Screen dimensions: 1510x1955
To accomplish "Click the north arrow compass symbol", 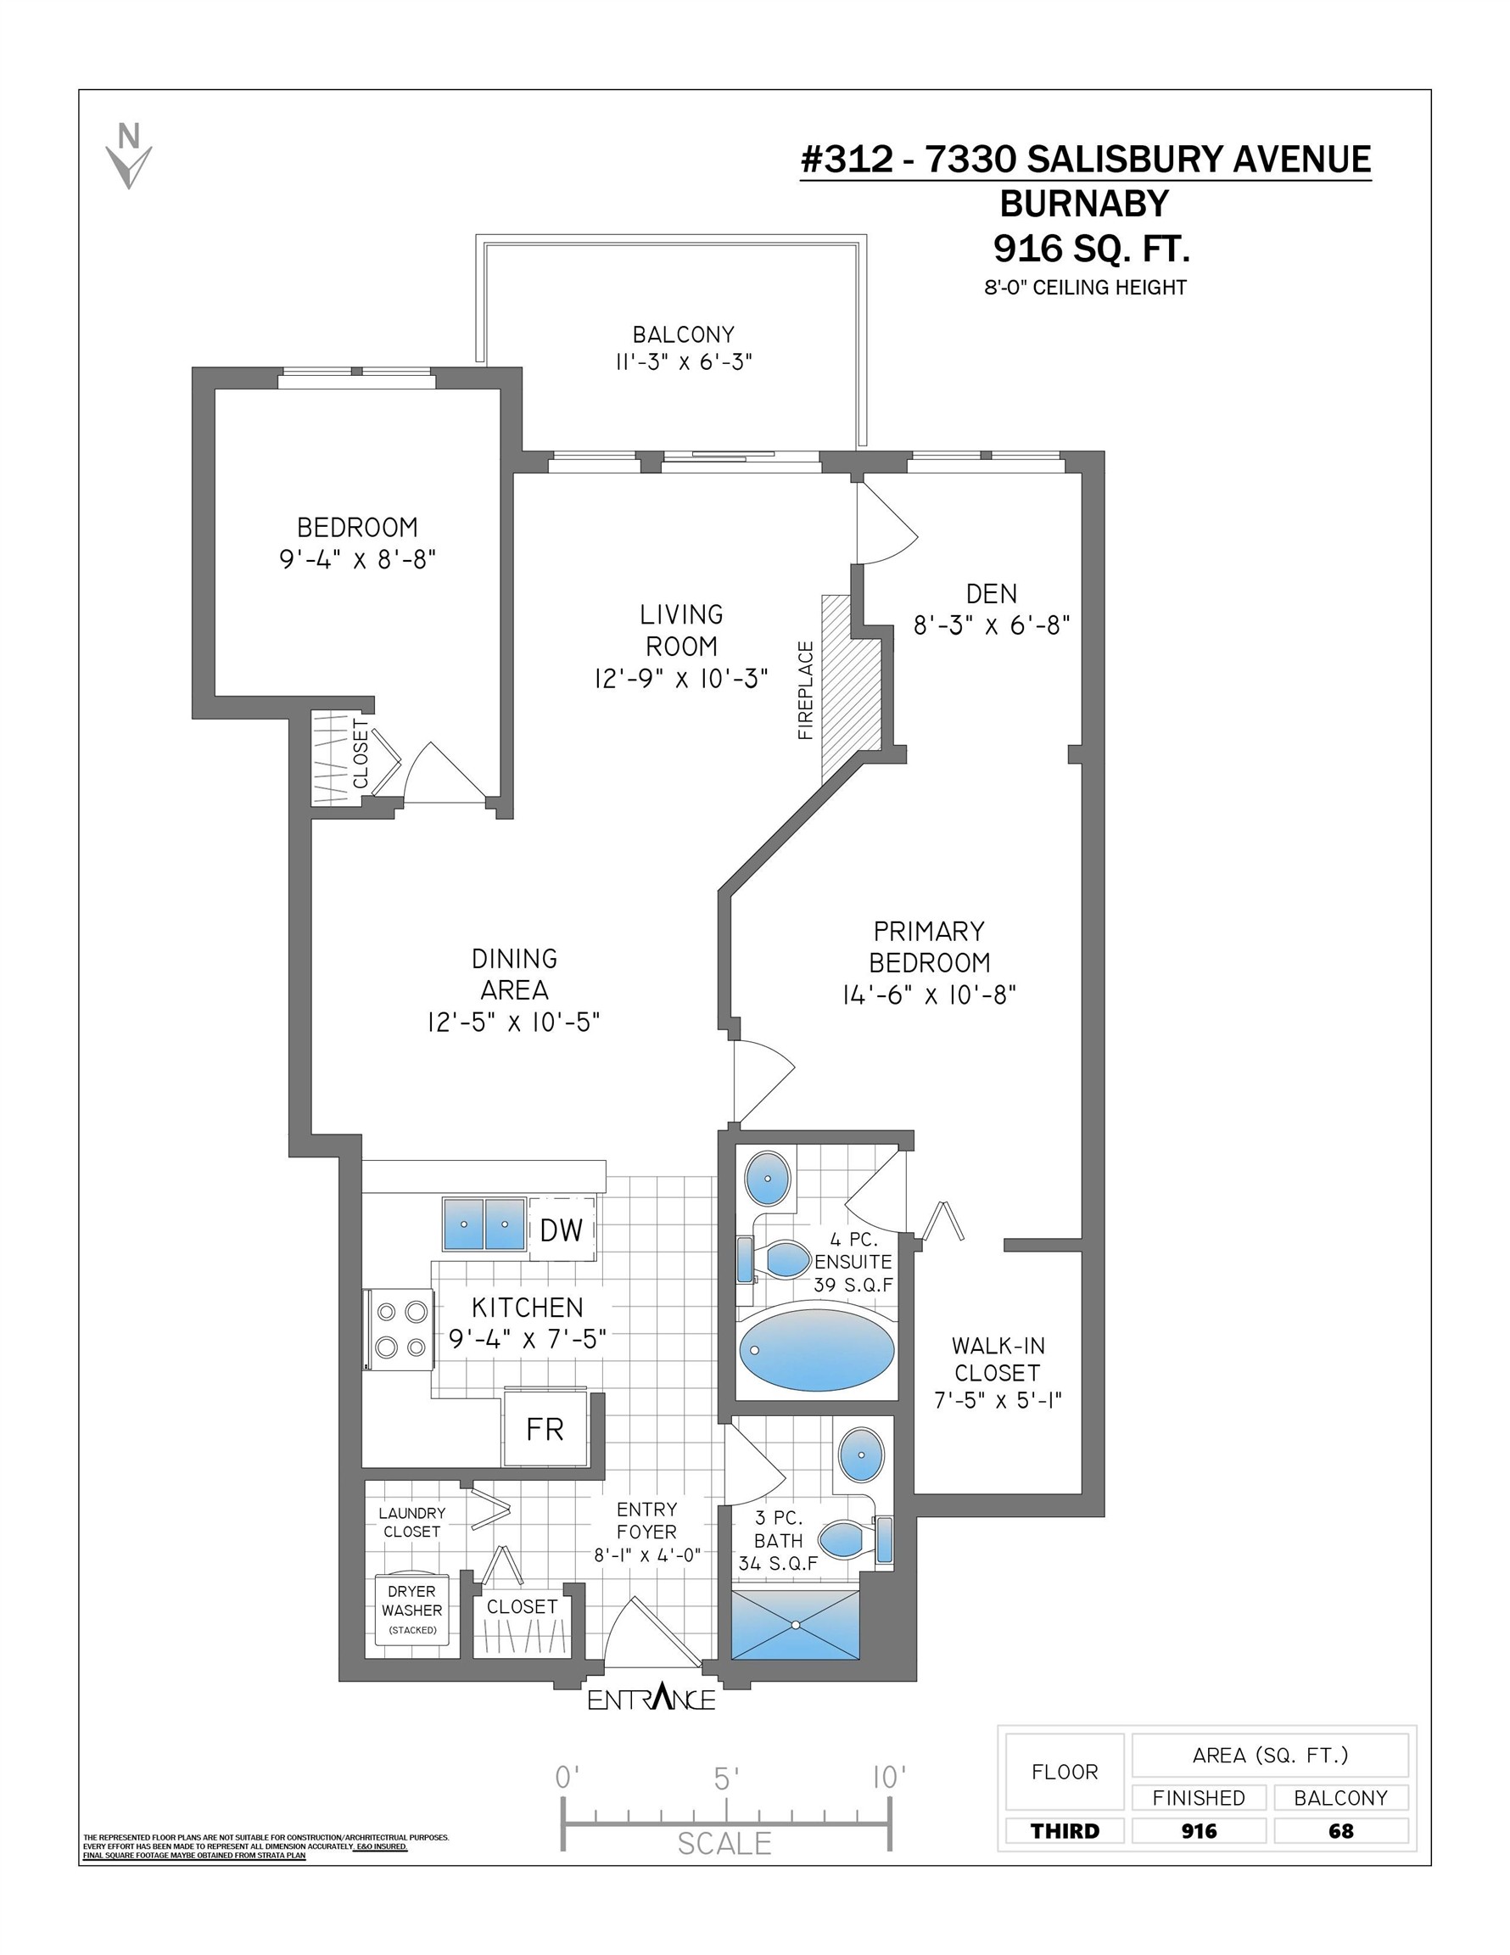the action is pos(129,156).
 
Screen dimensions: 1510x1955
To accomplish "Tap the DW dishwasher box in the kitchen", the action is pos(562,1230).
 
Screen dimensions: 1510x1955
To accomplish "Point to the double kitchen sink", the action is pos(484,1224).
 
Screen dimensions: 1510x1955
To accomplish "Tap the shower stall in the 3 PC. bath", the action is pos(795,1625).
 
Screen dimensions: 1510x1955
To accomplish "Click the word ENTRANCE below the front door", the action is pos(652,1697).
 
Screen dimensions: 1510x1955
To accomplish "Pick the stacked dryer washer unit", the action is pos(411,1609).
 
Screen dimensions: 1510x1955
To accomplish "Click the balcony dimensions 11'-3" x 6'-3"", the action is pos(683,362).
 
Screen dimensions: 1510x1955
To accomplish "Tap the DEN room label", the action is pos(992,593).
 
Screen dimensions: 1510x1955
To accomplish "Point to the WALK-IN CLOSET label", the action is pos(998,1358).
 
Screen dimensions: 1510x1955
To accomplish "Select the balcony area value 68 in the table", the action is pos(1341,1831).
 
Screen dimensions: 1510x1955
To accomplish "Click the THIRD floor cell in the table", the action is pos(1065,1831).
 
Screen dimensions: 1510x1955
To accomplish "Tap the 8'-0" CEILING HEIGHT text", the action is pos(1086,288).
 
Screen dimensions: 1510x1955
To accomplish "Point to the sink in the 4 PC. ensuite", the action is pos(768,1179).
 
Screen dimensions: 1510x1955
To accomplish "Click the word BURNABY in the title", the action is pos(1084,204).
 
